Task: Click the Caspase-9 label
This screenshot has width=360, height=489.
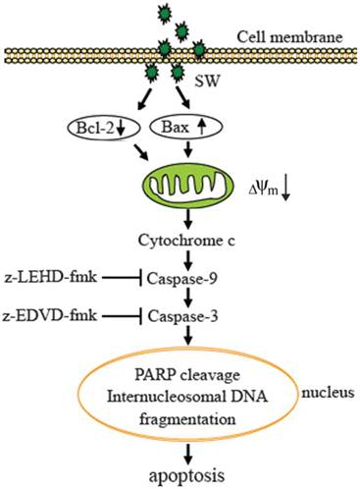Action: pyautogui.click(x=184, y=279)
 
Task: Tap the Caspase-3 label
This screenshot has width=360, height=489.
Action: pyautogui.click(x=184, y=315)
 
